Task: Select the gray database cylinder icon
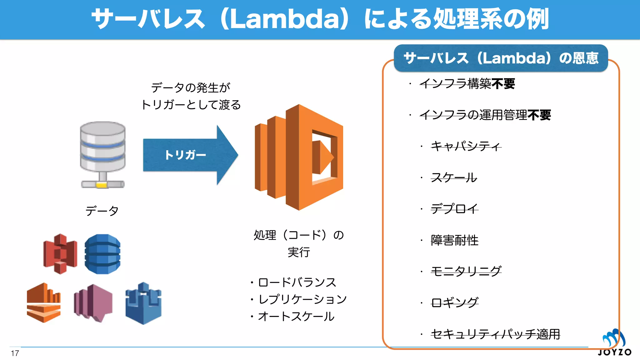102,154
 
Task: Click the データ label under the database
102,211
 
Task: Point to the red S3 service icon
60,253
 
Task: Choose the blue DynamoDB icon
102,254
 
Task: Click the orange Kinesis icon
43,302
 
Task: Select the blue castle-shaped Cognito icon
143,303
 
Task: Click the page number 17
15,353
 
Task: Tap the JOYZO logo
614,343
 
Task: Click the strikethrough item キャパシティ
466,146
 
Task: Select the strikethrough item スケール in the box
454,177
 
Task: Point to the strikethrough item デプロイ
454,208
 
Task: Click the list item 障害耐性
454,240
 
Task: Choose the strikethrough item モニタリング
466,271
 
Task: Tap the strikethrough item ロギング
454,302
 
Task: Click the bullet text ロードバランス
297,282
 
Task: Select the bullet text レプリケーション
302,299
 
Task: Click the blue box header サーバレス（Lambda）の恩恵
501,58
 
